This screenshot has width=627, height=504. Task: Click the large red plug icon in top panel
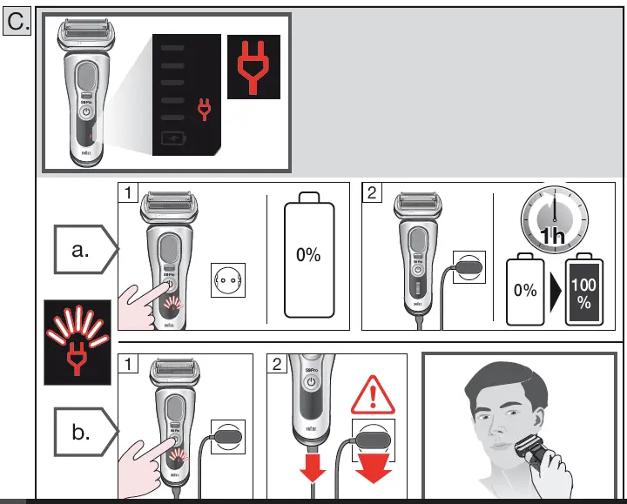pos(253,65)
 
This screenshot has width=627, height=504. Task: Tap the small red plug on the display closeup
pos(205,108)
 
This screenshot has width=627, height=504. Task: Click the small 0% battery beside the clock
pos(525,292)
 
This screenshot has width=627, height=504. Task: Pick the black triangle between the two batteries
pos(554,292)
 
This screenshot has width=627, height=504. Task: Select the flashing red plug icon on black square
pos(77,342)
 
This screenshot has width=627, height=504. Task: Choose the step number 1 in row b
pos(128,363)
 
